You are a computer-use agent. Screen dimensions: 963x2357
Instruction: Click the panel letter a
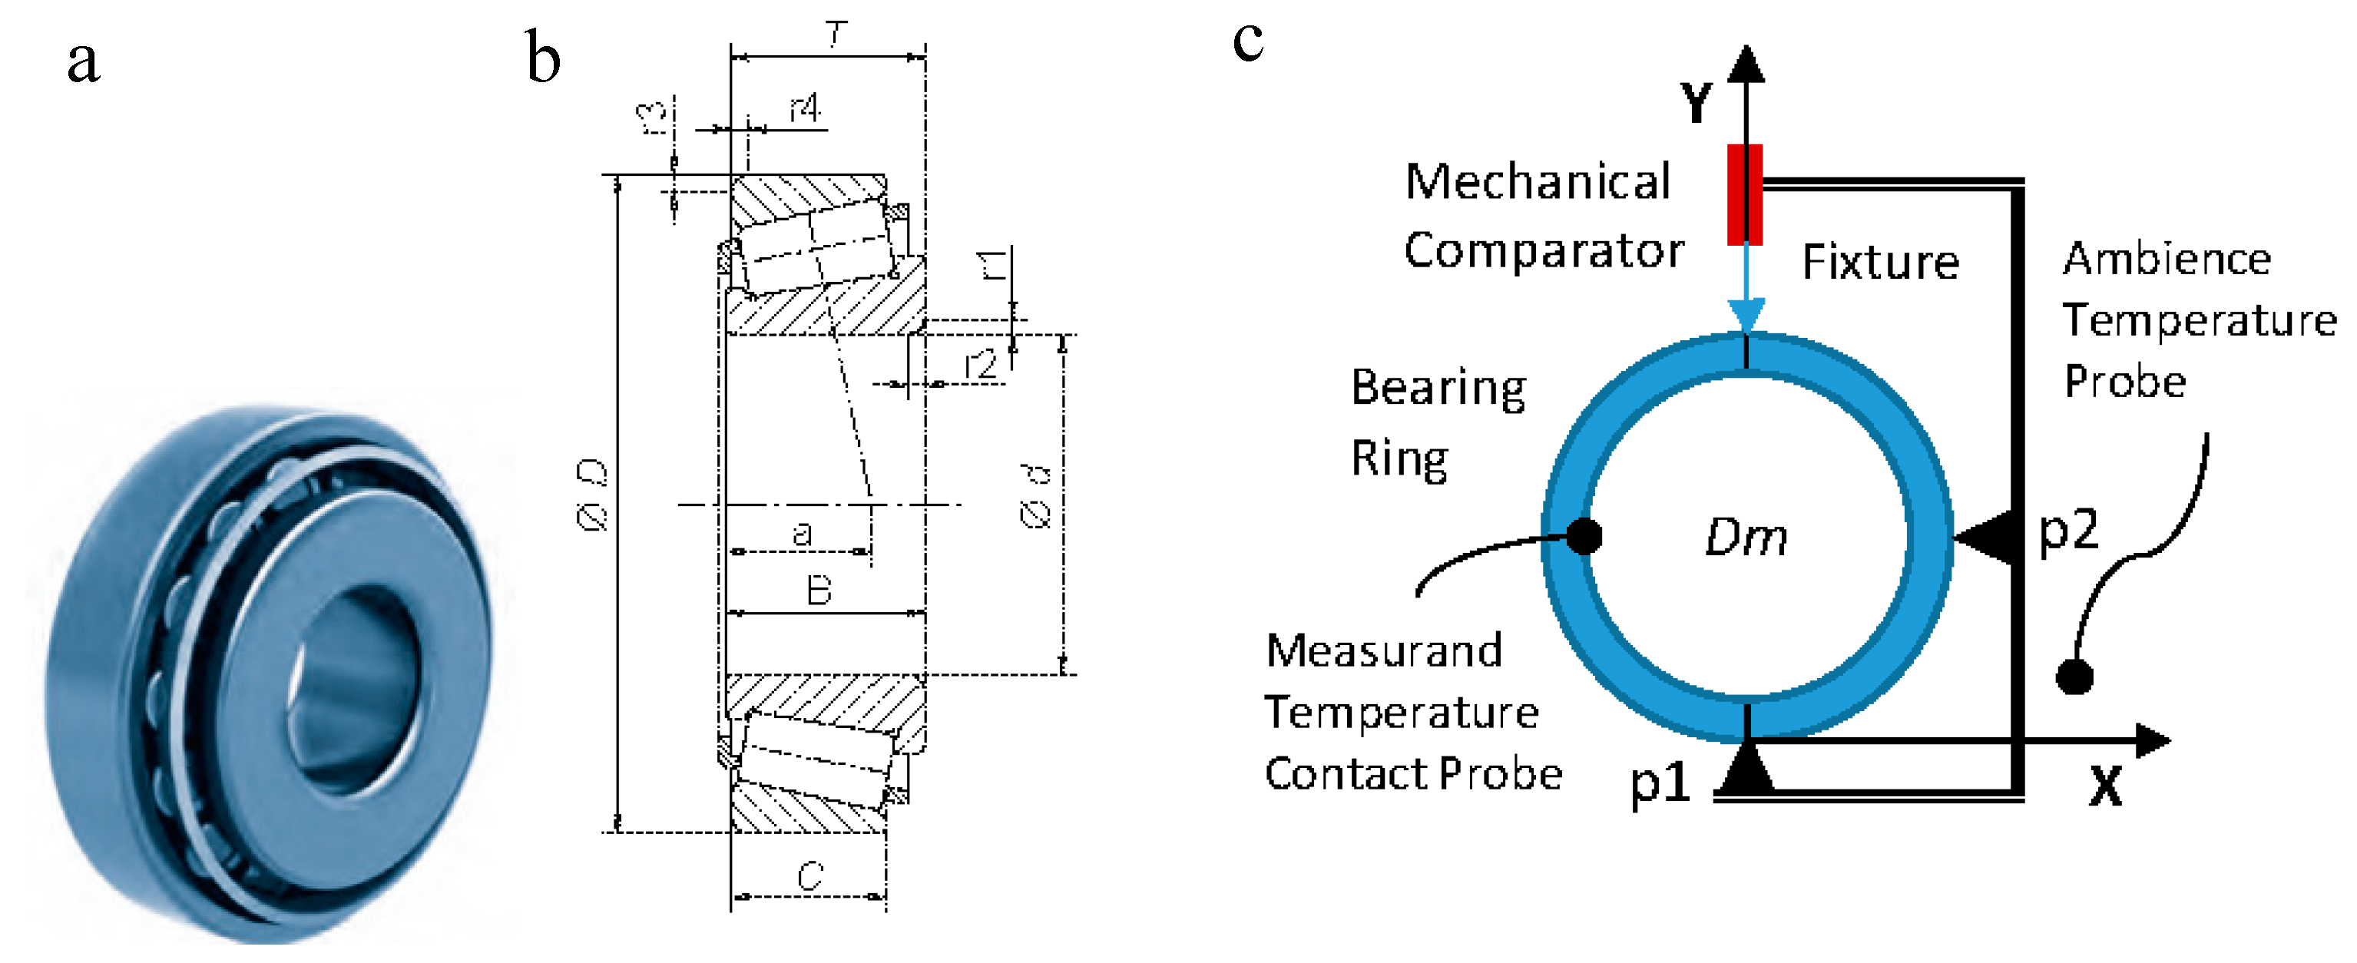(x=83, y=62)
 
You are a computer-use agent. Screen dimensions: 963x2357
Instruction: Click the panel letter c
(x=1248, y=41)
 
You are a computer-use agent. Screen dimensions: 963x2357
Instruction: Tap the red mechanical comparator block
(x=1744, y=194)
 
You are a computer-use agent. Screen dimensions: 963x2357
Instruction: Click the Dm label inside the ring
(x=1746, y=538)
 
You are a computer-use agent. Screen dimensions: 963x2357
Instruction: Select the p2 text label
(x=2069, y=528)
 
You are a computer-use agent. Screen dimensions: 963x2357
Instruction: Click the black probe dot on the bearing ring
(x=1584, y=535)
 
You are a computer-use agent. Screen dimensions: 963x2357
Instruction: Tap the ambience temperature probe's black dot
(x=2074, y=677)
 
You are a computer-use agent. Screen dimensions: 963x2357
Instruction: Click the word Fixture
(x=1880, y=263)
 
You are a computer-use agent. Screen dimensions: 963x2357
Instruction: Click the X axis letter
(x=2105, y=785)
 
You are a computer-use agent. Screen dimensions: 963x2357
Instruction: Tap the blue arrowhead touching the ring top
(x=1746, y=316)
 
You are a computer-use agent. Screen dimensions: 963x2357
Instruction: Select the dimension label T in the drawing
(x=836, y=35)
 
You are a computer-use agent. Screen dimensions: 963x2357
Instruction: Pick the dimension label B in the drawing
(x=819, y=591)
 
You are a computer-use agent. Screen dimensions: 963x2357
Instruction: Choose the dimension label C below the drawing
(x=809, y=876)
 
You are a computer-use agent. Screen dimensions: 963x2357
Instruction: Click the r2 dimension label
(x=980, y=366)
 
